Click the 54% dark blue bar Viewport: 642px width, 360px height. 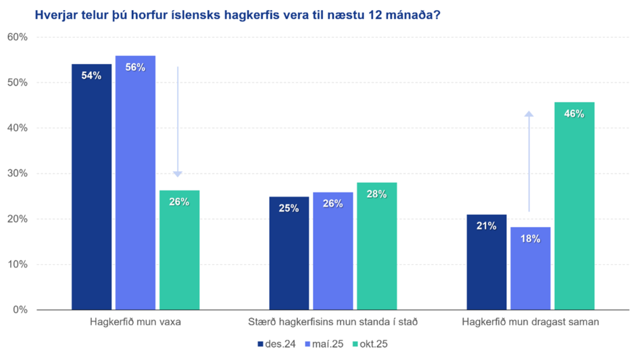pyautogui.click(x=91, y=186)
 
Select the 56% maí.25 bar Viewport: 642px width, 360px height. pyautogui.click(x=135, y=182)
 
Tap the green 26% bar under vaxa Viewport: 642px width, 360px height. pyautogui.click(x=179, y=250)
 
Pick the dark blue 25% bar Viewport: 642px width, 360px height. pyautogui.click(x=289, y=253)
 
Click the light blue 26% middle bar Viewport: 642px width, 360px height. pyautogui.click(x=332, y=251)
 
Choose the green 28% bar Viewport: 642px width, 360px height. pyautogui.click(x=376, y=246)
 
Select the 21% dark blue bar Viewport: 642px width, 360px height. pyautogui.click(x=487, y=262)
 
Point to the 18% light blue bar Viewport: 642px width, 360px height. pyautogui.click(x=530, y=268)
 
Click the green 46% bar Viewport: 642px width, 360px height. pyautogui.click(x=574, y=205)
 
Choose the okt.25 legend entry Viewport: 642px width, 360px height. pyautogui.click(x=372, y=344)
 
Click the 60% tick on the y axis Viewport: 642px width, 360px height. pyautogui.click(x=16, y=37)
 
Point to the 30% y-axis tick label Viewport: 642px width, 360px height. pyautogui.click(x=16, y=174)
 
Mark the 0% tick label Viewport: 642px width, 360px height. pyautogui.click(x=19, y=310)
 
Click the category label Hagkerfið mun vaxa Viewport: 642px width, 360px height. pyautogui.click(x=135, y=322)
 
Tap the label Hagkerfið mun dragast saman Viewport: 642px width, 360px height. pyautogui.click(x=530, y=322)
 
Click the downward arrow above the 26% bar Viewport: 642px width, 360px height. pyautogui.click(x=178, y=122)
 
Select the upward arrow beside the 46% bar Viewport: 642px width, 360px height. pyautogui.click(x=529, y=162)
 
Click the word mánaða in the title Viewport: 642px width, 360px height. pyautogui.click(x=408, y=14)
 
